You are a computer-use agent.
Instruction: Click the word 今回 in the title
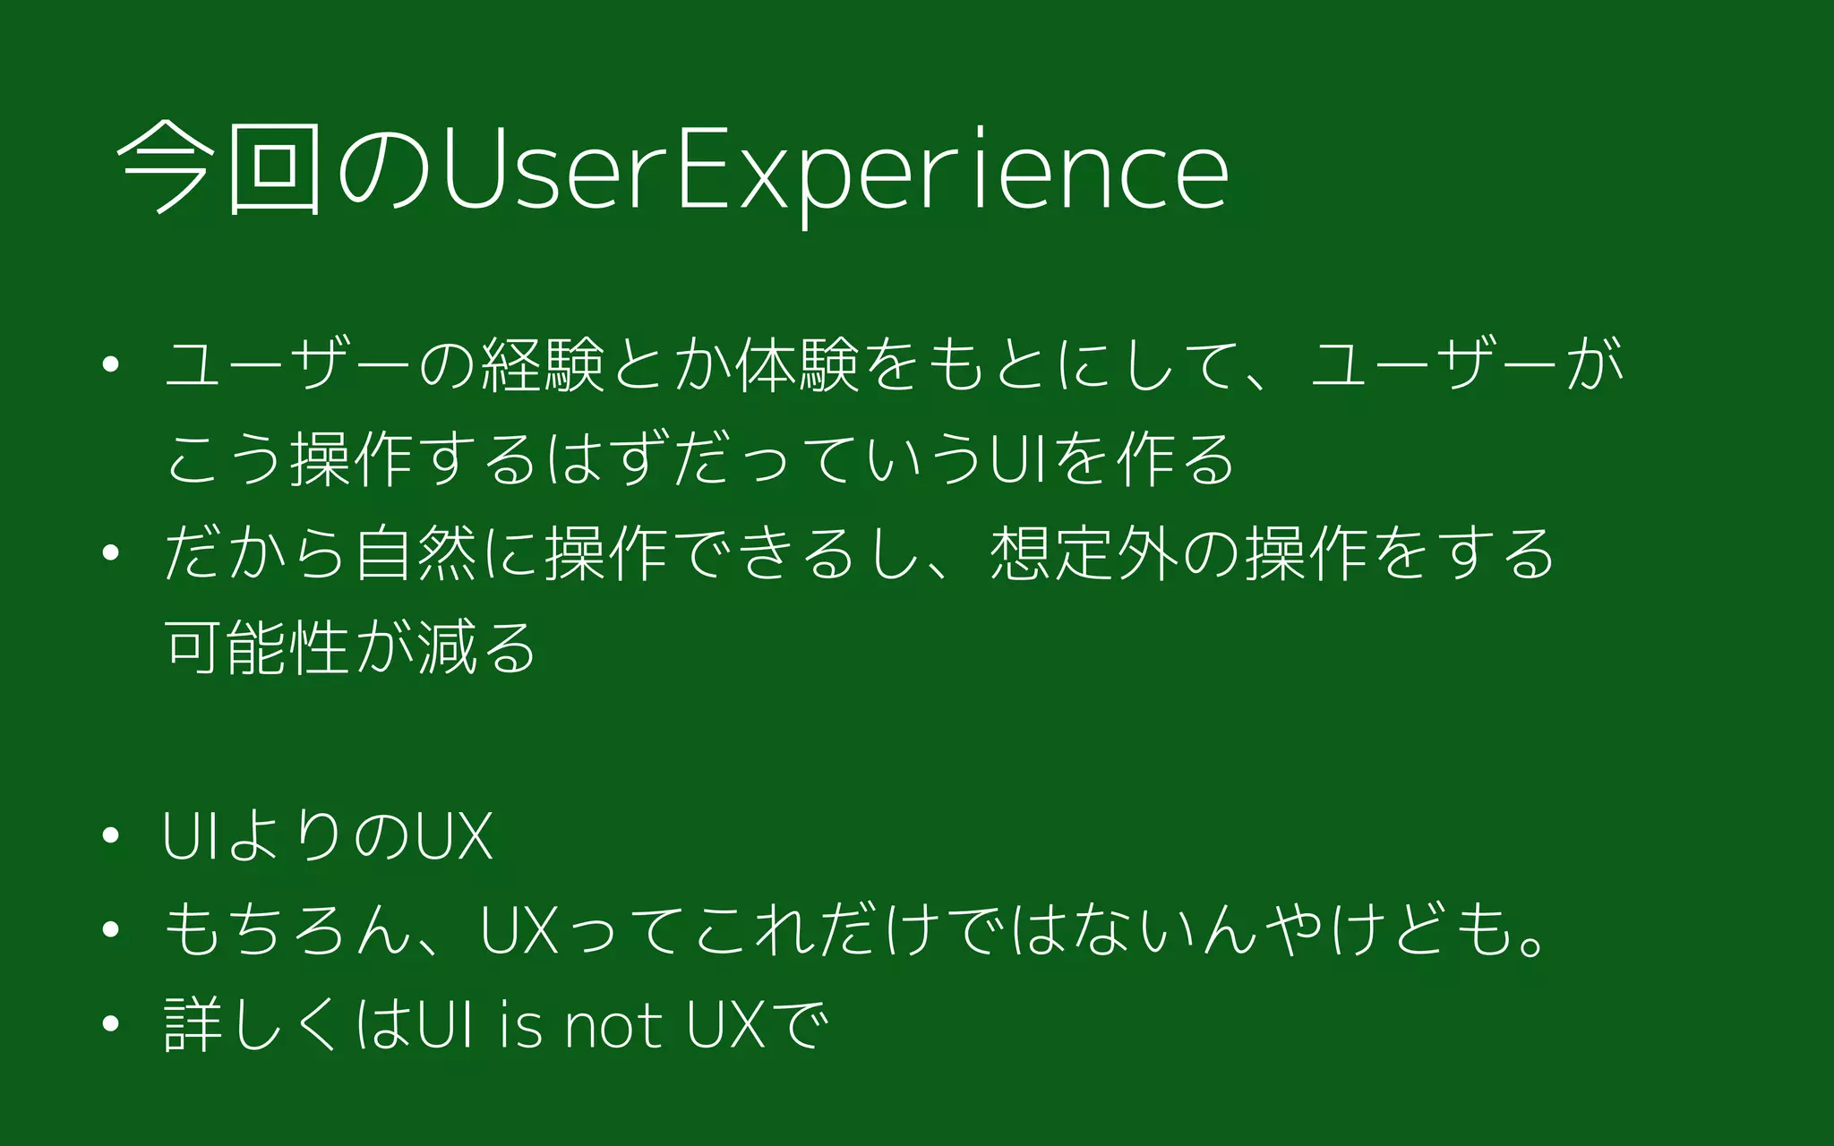(219, 167)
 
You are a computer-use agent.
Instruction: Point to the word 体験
(798, 365)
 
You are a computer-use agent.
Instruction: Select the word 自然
(416, 552)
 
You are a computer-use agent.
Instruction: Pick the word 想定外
(1084, 552)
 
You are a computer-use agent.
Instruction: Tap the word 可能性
(257, 646)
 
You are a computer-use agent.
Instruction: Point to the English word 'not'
(613, 1025)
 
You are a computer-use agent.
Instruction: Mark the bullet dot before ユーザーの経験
(111, 365)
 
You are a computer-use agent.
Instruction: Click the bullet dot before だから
(111, 553)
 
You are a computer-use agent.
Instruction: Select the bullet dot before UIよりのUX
(111, 835)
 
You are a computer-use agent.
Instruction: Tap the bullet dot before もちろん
(111, 930)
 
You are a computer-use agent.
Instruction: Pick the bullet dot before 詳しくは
(111, 1023)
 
